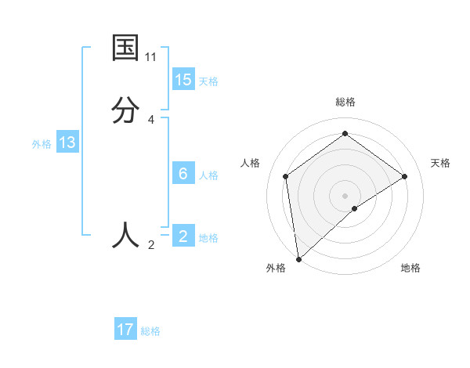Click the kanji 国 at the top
[x=125, y=49]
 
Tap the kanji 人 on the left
[x=125, y=235]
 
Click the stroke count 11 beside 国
[x=151, y=57]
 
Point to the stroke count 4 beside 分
[x=151, y=119]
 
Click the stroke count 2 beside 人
[x=151, y=245]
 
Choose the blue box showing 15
[x=183, y=80]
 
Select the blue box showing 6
[x=183, y=174]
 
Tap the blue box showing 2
[x=183, y=236]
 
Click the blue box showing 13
[x=67, y=143]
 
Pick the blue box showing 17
[x=125, y=330]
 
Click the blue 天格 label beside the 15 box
[x=208, y=81]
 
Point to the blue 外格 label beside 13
[x=42, y=144]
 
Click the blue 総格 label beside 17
[x=150, y=331]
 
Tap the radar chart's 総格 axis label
[x=345, y=102]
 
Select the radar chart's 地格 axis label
[x=410, y=268]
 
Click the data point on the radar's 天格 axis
[x=405, y=176]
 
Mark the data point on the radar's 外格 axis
[x=298, y=258]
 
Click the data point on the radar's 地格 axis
[x=355, y=208]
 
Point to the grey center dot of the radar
[x=345, y=195]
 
